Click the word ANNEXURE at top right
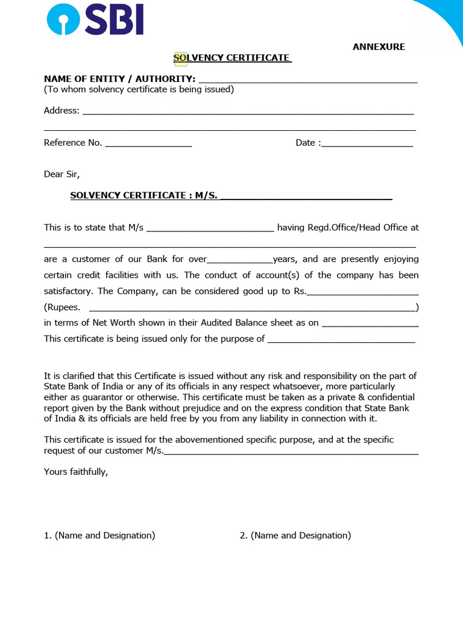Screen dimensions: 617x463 point(379,47)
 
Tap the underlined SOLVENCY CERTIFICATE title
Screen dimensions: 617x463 point(232,58)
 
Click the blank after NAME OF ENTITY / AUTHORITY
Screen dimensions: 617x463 point(307,80)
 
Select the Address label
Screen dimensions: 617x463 point(61,111)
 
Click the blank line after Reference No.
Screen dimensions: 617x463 point(148,143)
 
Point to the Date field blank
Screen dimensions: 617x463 point(367,143)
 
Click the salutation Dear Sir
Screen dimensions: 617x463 point(61,175)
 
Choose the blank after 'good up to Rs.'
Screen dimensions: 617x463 point(363,292)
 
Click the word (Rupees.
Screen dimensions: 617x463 point(62,307)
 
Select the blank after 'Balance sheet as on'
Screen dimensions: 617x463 point(370,324)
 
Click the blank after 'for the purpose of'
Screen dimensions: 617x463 point(341,339)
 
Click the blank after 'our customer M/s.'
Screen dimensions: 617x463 point(291,451)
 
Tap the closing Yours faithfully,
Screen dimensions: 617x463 point(76,472)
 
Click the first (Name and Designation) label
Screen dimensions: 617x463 point(99,536)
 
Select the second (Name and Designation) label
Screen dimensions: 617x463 point(295,536)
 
